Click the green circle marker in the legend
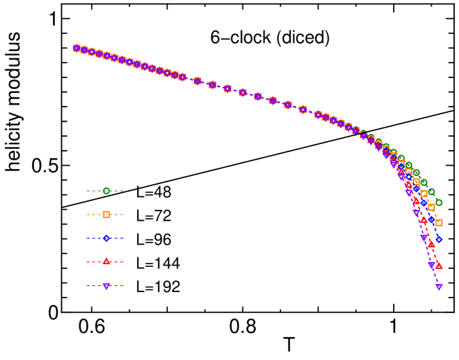click(x=106, y=191)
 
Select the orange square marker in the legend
click(x=106, y=215)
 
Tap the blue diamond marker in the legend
click(x=106, y=238)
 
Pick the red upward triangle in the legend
click(x=106, y=262)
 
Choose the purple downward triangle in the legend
click(x=106, y=286)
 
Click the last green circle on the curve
click(x=439, y=202)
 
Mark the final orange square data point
click(x=439, y=222)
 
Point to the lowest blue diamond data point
click(x=439, y=239)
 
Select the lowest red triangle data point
click(x=439, y=265)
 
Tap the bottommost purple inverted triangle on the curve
click(x=439, y=287)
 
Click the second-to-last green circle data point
click(x=431, y=192)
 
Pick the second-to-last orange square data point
click(x=431, y=207)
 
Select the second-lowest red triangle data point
click(x=431, y=244)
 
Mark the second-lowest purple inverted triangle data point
click(x=431, y=265)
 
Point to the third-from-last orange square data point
click(x=424, y=194)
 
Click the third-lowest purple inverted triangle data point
click(x=424, y=238)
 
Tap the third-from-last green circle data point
click(x=424, y=182)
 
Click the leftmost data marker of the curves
click(x=76, y=48)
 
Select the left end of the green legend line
click(x=87, y=191)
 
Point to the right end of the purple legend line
click(x=124, y=286)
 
